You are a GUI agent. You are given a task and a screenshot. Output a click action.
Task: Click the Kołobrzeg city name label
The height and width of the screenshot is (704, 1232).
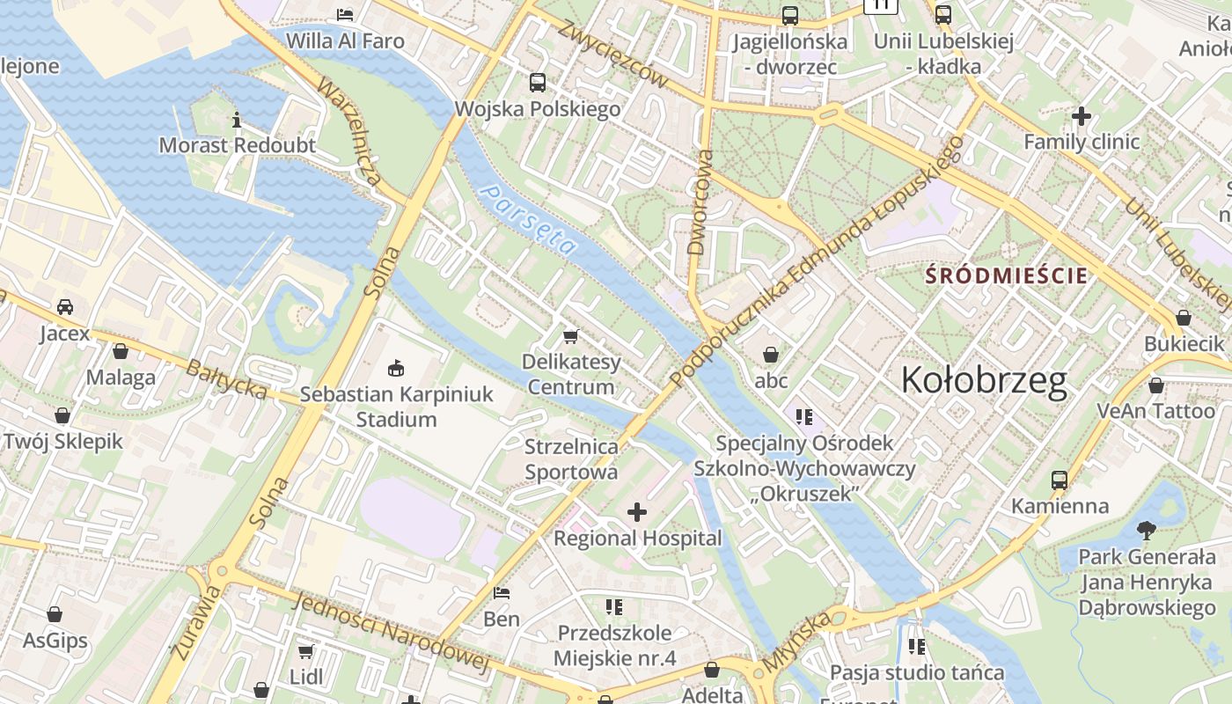click(x=984, y=380)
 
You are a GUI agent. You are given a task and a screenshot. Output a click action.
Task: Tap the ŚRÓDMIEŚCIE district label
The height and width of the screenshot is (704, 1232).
click(x=1006, y=275)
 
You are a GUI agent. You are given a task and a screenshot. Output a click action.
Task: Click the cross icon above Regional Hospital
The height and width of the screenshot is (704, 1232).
click(x=637, y=512)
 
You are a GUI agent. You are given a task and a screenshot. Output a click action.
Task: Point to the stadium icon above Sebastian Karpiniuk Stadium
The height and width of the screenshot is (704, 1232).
click(x=396, y=368)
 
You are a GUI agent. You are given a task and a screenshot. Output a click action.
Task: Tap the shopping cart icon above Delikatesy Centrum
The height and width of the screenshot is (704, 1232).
click(x=571, y=336)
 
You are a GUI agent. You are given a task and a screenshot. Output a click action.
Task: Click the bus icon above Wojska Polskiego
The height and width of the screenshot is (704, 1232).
click(x=538, y=83)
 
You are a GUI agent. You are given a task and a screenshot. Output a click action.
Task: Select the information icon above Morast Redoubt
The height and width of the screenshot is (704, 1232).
click(x=236, y=120)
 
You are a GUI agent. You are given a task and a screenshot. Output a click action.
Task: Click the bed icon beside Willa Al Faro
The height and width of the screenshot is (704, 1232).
click(x=345, y=15)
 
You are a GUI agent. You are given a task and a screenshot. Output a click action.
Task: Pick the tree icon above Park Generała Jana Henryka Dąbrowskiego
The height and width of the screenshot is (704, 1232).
click(x=1146, y=531)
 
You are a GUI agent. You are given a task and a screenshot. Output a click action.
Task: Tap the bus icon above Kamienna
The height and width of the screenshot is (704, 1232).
click(x=1060, y=480)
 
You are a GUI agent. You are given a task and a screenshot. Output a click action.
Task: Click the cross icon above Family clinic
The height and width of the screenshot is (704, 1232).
click(x=1082, y=115)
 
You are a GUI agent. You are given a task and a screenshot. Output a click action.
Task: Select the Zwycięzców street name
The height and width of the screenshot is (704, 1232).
click(x=612, y=53)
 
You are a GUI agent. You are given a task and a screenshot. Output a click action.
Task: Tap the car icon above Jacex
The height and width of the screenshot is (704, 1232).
click(x=65, y=307)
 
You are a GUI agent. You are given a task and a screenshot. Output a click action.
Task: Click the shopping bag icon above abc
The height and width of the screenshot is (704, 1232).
click(x=771, y=355)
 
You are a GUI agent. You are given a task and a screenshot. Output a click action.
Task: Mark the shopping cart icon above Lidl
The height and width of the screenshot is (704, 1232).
click(x=305, y=651)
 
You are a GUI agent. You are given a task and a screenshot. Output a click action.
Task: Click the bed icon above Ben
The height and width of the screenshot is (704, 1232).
click(x=502, y=592)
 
